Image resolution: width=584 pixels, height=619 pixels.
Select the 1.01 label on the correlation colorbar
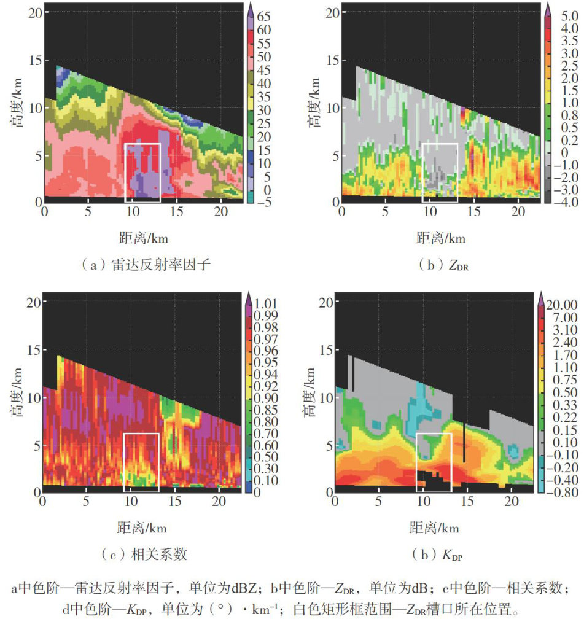(x=267, y=303)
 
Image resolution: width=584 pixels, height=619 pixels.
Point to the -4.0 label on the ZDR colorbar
(x=565, y=202)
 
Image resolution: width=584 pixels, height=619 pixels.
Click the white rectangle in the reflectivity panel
(x=142, y=173)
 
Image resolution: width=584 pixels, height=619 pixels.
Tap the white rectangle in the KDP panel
(x=434, y=462)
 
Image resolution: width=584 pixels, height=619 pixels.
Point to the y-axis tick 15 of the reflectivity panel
(x=34, y=60)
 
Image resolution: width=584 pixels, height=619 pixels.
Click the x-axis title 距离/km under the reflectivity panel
(x=142, y=238)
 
